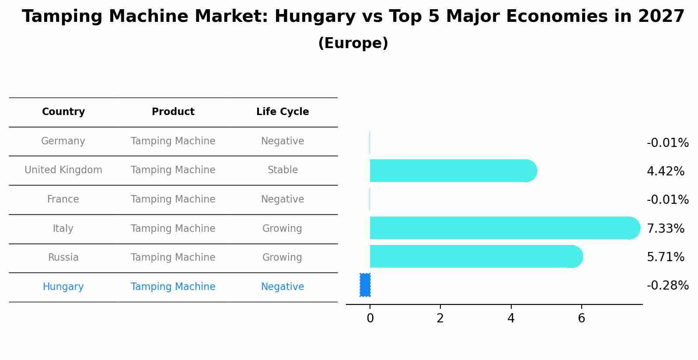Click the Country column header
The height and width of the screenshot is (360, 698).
point(63,112)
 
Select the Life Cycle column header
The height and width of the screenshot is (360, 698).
point(283,112)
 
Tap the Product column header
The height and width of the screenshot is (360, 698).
point(173,112)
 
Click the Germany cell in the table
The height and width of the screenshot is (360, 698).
point(63,141)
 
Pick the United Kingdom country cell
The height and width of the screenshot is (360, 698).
point(63,170)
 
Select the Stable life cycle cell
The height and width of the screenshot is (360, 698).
point(283,170)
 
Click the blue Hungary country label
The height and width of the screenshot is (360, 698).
point(63,287)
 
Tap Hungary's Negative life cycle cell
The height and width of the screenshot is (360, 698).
point(283,287)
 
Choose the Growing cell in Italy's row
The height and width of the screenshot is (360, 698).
point(282,229)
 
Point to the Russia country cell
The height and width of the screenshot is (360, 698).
point(63,258)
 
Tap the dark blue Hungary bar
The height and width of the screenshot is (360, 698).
point(365,285)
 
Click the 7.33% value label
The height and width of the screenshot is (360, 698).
point(665,228)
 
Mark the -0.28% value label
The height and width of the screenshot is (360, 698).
point(667,286)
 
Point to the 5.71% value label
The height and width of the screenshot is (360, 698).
point(665,257)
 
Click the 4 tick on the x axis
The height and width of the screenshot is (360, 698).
point(511,318)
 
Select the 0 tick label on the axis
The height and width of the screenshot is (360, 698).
point(370,318)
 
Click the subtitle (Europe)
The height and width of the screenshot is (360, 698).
point(353,43)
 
